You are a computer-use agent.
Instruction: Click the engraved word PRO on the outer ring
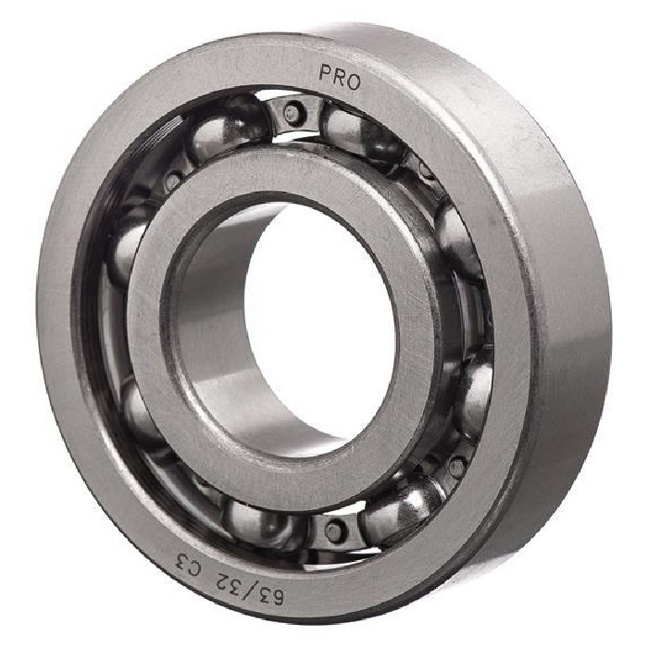340,78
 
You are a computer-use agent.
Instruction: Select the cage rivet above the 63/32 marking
333,530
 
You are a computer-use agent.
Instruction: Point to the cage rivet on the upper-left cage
172,181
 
